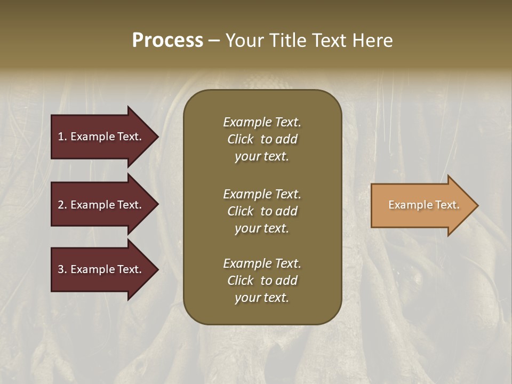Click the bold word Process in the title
[167, 41]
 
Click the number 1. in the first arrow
[62, 137]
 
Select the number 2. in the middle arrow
[62, 205]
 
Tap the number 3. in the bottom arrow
[62, 269]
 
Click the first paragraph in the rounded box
[262, 139]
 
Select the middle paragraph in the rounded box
[262, 211]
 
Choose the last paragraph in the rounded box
[262, 281]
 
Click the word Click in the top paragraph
[240, 139]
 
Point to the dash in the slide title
[214, 41]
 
